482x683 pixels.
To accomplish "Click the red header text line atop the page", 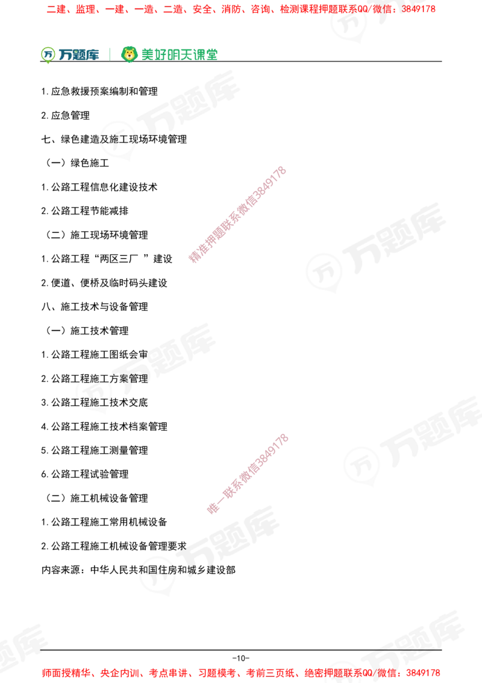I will tap(241, 10).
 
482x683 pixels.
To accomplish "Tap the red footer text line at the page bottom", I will tap(241, 672).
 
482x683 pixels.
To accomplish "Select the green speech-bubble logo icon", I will tap(47, 54).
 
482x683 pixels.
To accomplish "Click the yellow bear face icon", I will tap(129, 54).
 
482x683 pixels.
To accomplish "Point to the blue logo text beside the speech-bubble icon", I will tap(78, 55).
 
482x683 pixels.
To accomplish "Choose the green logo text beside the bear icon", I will tap(179, 54).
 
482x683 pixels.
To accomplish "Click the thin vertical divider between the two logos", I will tap(109, 53).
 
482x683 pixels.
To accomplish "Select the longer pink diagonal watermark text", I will tap(237, 215).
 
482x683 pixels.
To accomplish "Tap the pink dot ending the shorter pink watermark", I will tap(212, 509).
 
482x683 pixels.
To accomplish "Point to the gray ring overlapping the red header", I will tap(349, 23).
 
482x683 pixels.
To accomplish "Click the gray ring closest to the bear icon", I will tap(118, 139).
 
